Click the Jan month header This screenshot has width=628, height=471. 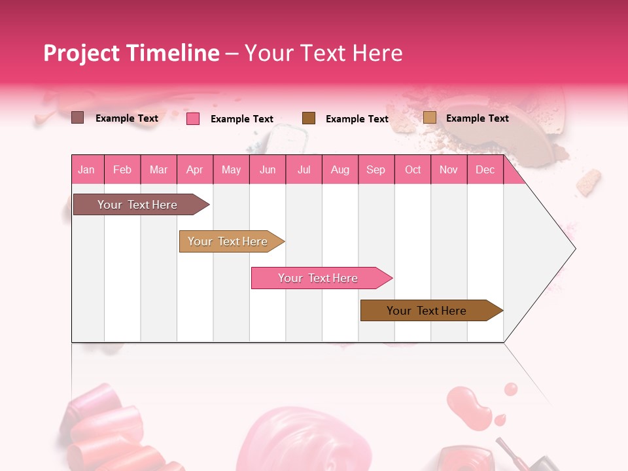tap(86, 170)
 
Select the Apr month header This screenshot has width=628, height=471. tap(194, 170)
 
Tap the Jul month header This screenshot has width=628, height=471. tap(304, 170)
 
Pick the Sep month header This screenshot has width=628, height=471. tap(375, 170)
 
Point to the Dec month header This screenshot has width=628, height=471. tap(485, 170)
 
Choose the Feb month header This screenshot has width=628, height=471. tap(122, 170)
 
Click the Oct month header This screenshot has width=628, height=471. tap(413, 170)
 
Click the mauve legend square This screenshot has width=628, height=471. tap(78, 118)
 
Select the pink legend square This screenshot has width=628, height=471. tap(193, 118)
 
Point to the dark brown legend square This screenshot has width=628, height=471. tap(309, 118)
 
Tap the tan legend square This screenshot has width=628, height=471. tap(430, 118)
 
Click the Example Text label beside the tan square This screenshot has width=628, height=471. tap(477, 118)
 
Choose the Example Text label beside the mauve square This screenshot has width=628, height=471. tap(127, 118)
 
